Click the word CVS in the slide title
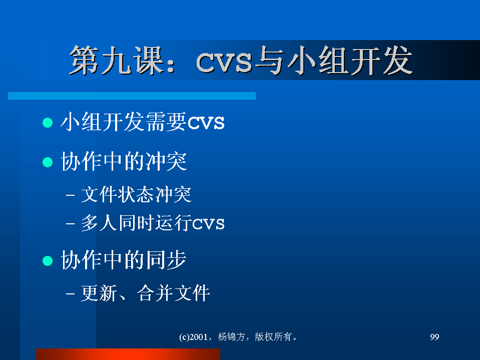click(x=224, y=63)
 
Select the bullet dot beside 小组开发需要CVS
click(x=48, y=123)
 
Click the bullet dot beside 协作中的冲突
click(x=48, y=162)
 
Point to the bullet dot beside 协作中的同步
click(x=48, y=261)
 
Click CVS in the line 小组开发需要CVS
click(x=206, y=123)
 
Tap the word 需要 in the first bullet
click(x=166, y=122)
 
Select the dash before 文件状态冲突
click(x=70, y=195)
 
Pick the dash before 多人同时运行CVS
click(x=70, y=223)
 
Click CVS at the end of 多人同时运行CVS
click(x=208, y=224)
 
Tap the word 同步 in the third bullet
click(x=166, y=260)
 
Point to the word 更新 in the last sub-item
click(x=99, y=293)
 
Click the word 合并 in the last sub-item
click(x=155, y=293)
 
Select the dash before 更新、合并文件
click(x=70, y=293)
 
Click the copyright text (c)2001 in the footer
click(x=194, y=337)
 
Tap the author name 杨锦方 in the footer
click(x=232, y=337)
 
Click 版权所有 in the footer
click(x=273, y=337)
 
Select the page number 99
click(x=434, y=337)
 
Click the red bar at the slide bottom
click(x=128, y=354)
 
